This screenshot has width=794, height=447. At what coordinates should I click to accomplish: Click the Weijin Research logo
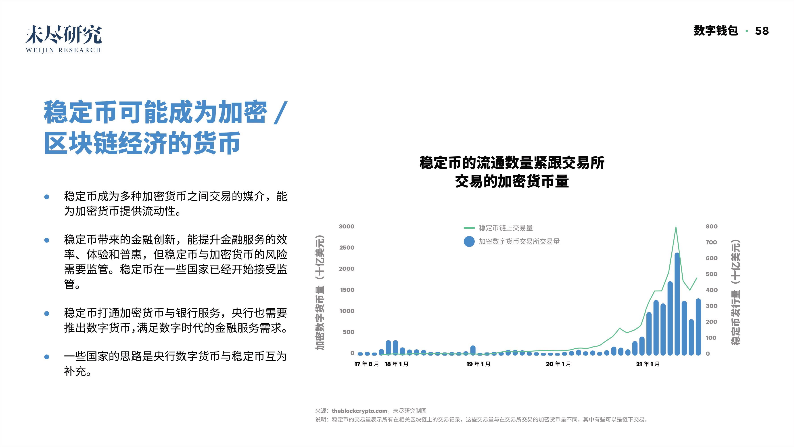click(x=63, y=39)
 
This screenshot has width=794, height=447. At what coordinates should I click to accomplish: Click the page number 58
click(x=762, y=31)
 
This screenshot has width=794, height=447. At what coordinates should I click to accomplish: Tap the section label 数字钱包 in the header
click(x=716, y=31)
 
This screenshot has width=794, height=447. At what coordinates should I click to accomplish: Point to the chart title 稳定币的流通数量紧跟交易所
click(x=512, y=163)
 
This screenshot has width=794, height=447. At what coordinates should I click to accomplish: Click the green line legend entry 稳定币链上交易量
click(x=506, y=228)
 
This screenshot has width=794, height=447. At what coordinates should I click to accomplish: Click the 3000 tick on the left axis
click(x=347, y=226)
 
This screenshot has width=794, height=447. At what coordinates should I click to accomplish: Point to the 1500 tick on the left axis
click(x=347, y=290)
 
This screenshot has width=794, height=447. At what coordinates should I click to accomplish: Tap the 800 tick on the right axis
click(x=711, y=226)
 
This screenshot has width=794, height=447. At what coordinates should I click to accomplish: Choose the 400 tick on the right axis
click(x=711, y=290)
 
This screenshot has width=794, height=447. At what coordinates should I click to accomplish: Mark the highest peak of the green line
click(x=676, y=228)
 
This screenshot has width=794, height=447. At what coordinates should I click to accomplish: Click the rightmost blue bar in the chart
click(x=698, y=327)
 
